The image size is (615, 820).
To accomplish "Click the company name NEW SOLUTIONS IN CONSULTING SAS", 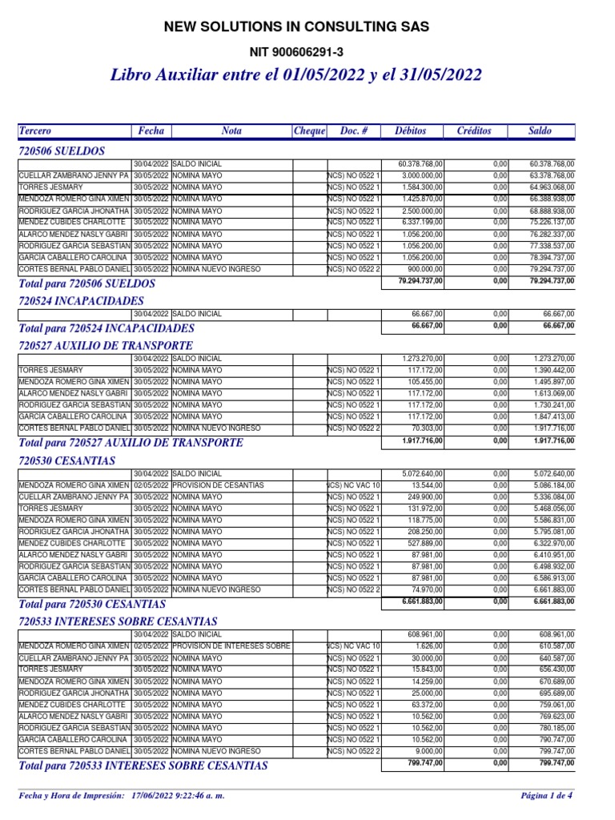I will [x=296, y=27].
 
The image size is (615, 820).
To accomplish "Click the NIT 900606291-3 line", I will [x=296, y=53].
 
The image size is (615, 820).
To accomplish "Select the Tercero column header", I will [x=34, y=131].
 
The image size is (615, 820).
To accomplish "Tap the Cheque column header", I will [x=310, y=131].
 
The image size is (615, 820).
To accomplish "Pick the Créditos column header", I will [x=474, y=131].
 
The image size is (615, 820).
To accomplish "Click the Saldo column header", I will [x=540, y=131].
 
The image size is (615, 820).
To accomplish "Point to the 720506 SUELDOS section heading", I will [x=62, y=151].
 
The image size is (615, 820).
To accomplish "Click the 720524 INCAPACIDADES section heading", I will [x=81, y=301].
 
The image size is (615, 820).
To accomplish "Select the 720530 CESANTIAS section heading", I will [x=66, y=461].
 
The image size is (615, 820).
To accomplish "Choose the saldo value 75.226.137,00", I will [x=552, y=221].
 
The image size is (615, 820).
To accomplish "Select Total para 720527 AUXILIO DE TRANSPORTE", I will [x=131, y=443].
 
